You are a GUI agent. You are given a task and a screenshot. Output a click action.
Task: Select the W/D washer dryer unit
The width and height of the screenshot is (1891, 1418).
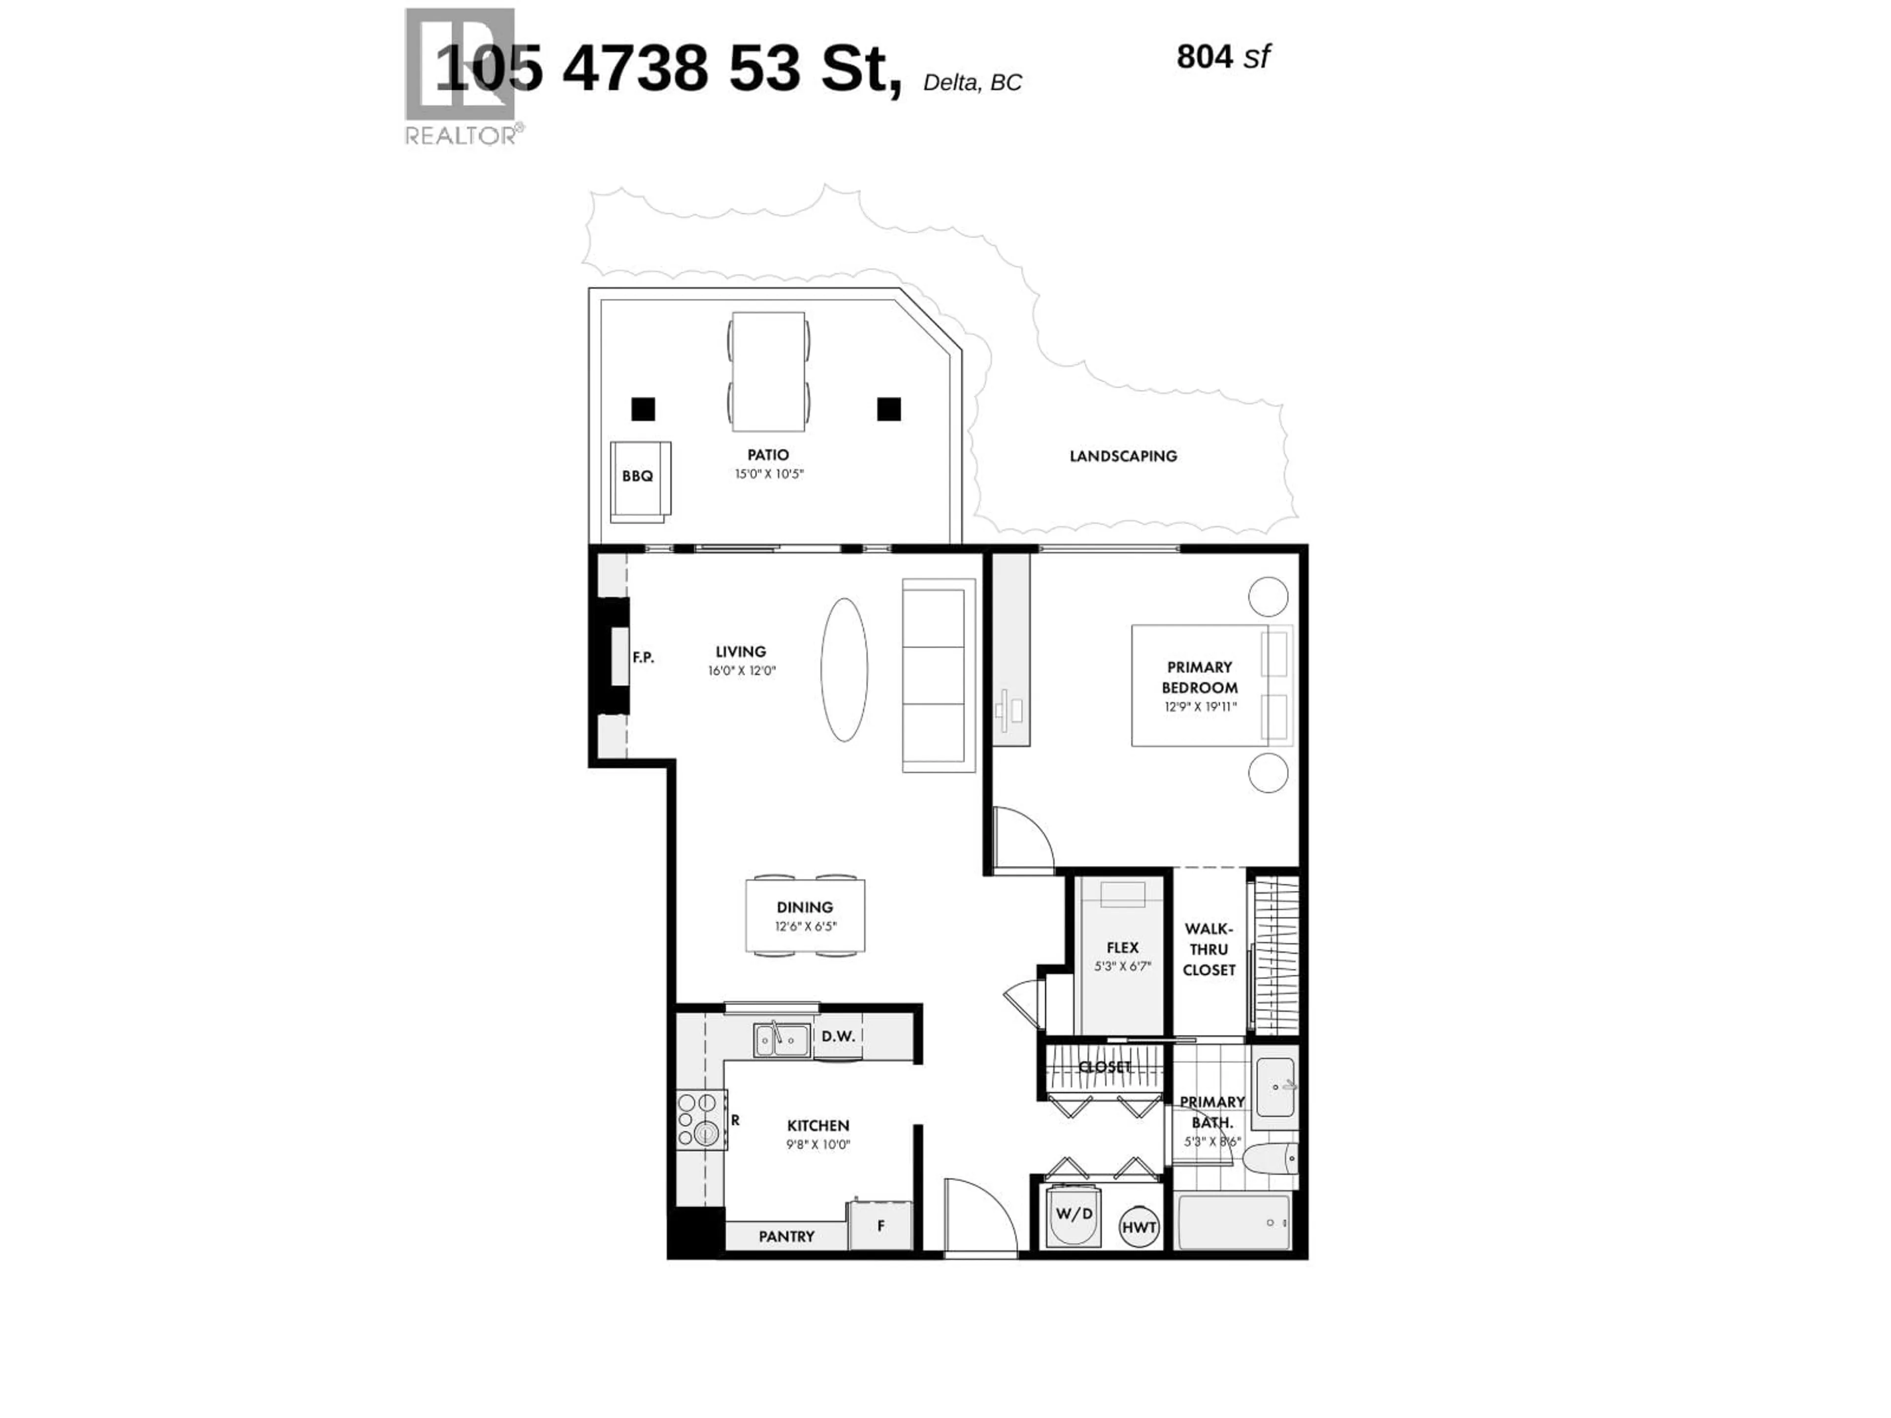coord(1074,1215)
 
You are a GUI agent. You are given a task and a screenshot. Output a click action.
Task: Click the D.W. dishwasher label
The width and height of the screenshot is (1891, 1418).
coord(838,1036)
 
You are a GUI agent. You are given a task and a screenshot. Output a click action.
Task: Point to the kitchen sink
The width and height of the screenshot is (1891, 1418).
coord(782,1040)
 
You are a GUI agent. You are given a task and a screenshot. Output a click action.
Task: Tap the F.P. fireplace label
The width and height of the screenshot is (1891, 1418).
coord(643,657)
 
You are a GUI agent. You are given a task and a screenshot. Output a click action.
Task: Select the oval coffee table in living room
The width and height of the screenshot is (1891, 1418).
coord(844,669)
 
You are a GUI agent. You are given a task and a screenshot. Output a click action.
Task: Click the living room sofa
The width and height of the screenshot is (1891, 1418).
coord(938,675)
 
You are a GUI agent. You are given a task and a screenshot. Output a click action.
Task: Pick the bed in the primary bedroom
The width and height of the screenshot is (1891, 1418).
coord(1209,685)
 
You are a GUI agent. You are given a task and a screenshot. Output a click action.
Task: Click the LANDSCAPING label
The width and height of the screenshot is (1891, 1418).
coord(1122,456)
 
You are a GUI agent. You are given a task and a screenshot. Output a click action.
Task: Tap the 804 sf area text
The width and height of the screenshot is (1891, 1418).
coord(1222,57)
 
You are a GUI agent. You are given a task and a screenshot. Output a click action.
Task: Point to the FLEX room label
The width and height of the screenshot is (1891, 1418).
coord(1122,948)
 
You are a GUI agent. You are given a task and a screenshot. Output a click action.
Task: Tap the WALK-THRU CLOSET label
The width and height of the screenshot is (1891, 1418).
coord(1209,949)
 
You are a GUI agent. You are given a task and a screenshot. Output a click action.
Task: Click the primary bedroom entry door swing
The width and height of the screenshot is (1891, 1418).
coord(1022,839)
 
